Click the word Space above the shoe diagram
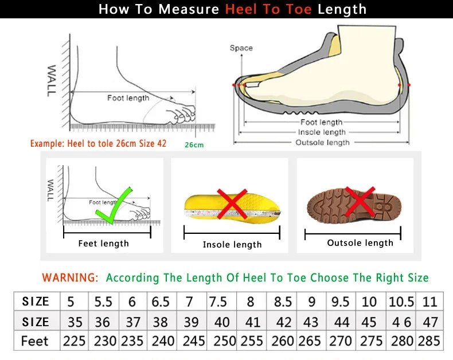tap(241, 48)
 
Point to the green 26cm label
tap(194, 145)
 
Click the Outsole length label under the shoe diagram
tap(322, 142)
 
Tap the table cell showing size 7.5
tap(218, 302)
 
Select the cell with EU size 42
tap(283, 321)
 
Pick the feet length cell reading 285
tap(429, 341)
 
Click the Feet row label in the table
tap(35, 341)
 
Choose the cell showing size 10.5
tap(401, 302)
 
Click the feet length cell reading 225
tap(74, 341)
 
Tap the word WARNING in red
tap(69, 277)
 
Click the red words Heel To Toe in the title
tap(268, 9)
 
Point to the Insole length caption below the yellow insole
tap(232, 245)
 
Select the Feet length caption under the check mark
tap(103, 244)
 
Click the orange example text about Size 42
tap(98, 143)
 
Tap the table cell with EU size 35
tap(75, 321)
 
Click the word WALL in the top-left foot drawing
tap(52, 80)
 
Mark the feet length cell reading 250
tap(225, 341)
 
